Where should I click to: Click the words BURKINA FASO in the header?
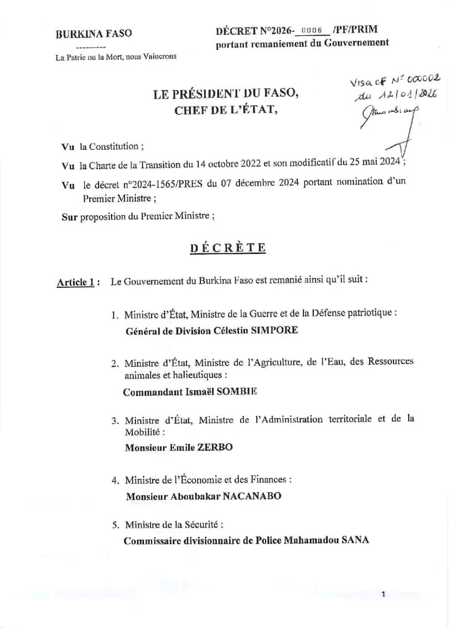[x=94, y=34]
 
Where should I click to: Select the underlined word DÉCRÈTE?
[x=228, y=248]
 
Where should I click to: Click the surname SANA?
[x=355, y=539]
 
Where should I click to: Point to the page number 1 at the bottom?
[x=384, y=594]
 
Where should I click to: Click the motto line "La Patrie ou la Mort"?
[x=116, y=57]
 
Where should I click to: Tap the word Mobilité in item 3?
[x=145, y=431]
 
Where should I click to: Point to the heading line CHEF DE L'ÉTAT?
[x=224, y=111]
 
